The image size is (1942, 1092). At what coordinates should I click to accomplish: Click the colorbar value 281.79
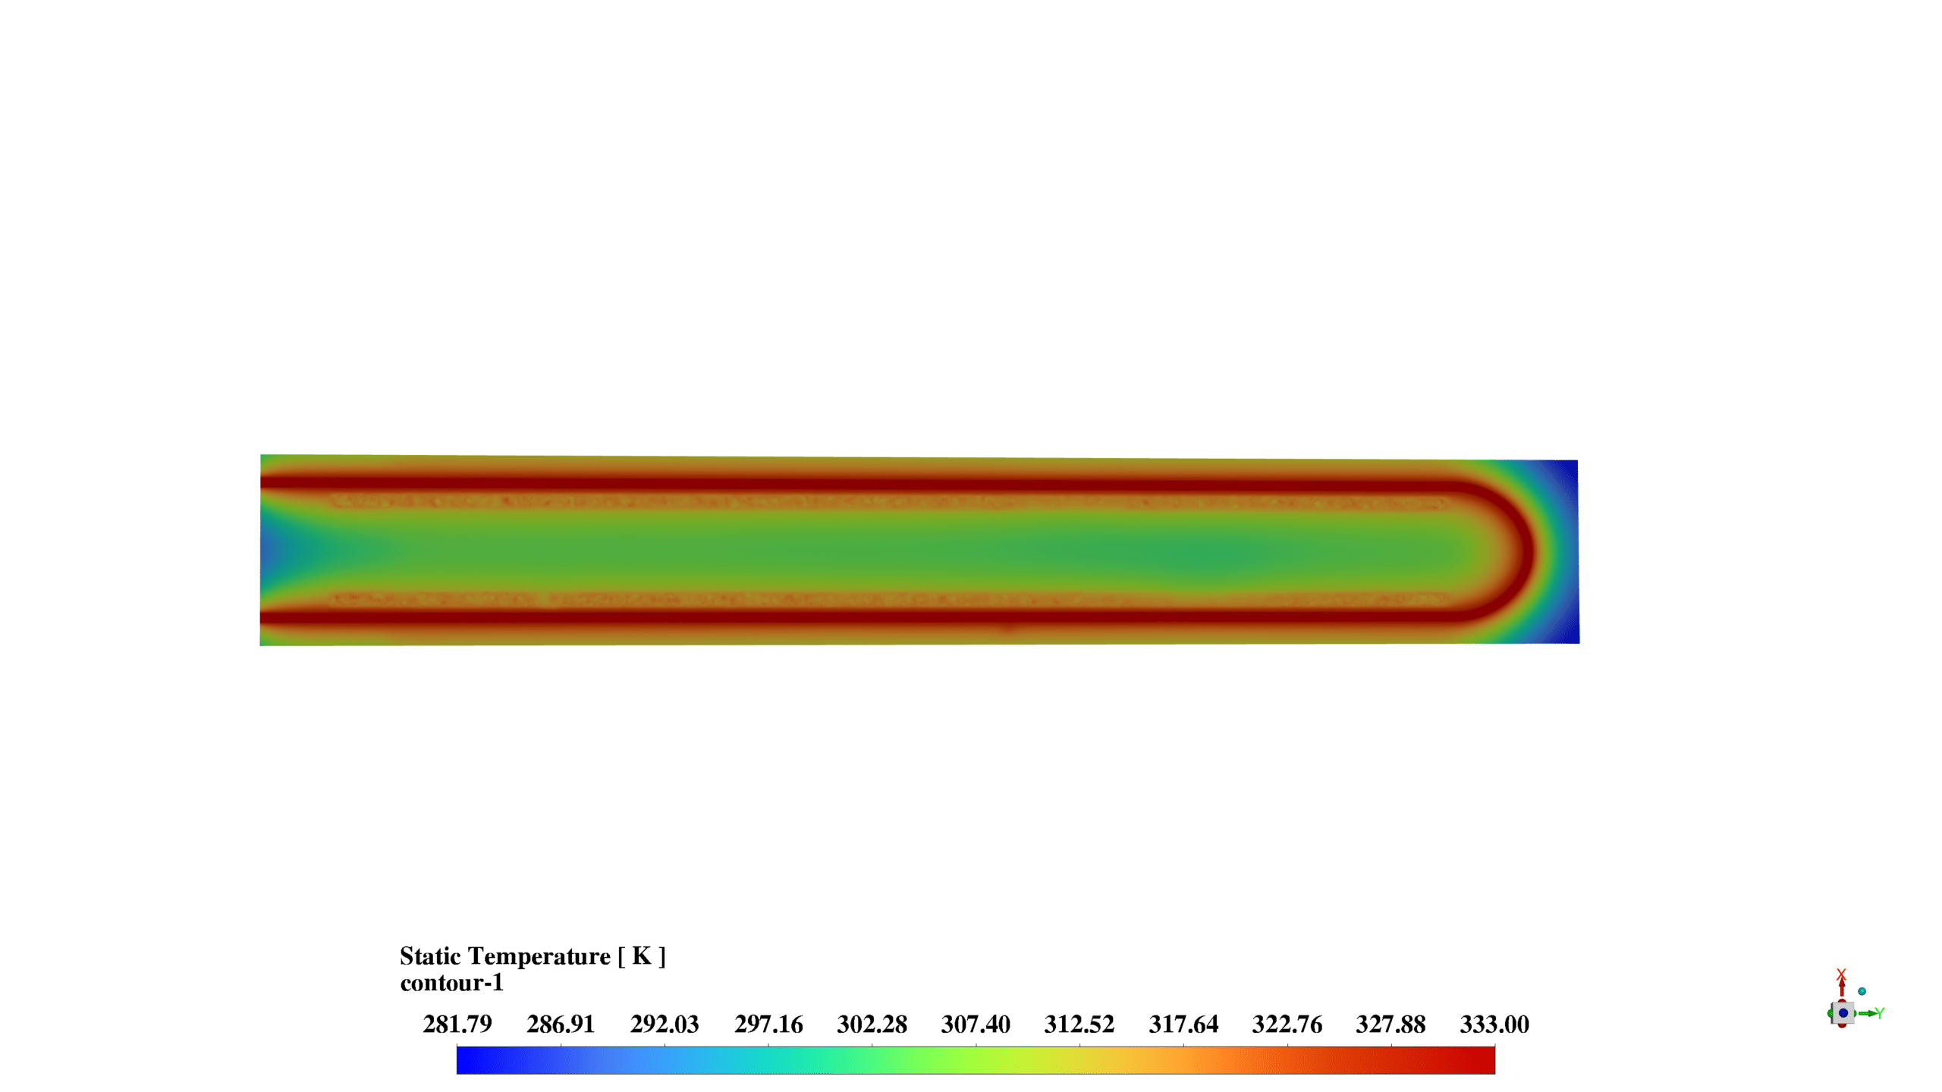[457, 1025]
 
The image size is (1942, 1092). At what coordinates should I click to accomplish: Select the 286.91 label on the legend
[561, 1025]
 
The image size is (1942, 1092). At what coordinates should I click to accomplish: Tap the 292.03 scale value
[665, 1025]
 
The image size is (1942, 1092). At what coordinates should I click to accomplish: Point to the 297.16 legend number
[768, 1025]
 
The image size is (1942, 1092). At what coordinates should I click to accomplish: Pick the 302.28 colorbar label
[872, 1025]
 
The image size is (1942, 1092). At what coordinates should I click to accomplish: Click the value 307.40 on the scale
[976, 1025]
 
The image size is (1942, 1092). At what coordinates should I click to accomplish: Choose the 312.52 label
[1079, 1025]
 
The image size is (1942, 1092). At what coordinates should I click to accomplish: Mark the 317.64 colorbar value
[1183, 1025]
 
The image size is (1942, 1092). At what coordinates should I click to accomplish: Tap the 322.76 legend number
[1287, 1025]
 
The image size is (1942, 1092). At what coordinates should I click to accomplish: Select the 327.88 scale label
[1391, 1025]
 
